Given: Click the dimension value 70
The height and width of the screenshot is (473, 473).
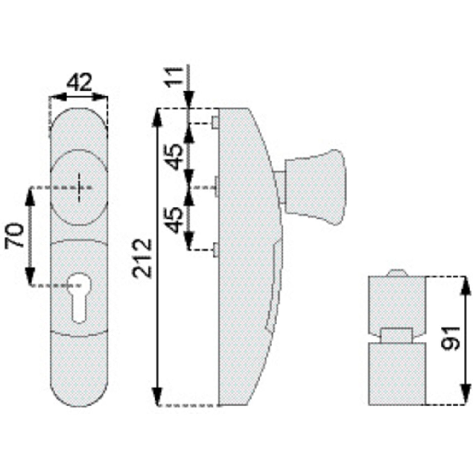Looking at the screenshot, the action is [x=15, y=236].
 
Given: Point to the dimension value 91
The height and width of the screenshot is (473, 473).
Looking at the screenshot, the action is [x=450, y=338].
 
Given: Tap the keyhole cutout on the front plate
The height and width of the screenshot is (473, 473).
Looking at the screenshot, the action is [x=79, y=297].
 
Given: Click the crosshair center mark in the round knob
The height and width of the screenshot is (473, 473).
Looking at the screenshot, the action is [x=79, y=188].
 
